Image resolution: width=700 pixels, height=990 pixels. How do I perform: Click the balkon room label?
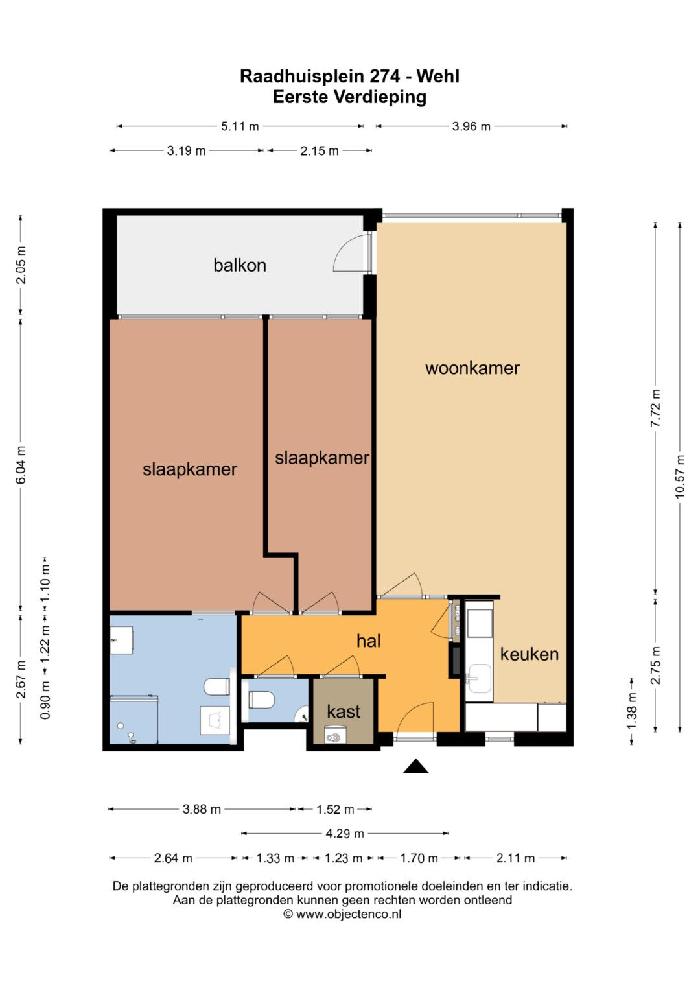pos(240,265)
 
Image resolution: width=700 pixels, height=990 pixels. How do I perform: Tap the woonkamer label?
pos(472,368)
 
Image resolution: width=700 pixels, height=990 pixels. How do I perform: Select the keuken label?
pos(530,654)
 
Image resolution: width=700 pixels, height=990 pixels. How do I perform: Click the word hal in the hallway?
pos(369,641)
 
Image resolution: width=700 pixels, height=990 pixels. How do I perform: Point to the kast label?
pos(344,712)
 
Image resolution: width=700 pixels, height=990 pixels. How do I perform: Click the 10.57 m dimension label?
pos(680,477)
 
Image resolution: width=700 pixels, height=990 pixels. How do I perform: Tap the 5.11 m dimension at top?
pos(240,126)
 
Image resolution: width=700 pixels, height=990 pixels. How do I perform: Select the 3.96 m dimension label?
pos(471,126)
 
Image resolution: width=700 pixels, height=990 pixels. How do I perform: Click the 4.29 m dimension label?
pos(345,834)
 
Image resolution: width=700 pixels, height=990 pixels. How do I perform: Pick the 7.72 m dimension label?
pos(656,408)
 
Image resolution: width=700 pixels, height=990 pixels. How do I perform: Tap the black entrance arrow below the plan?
pos(415,766)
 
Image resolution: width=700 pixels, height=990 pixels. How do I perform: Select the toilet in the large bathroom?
pos(216,687)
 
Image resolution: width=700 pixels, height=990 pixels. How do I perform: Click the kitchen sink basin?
pos(479,678)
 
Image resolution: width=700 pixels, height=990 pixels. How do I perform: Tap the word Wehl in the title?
pos(438,77)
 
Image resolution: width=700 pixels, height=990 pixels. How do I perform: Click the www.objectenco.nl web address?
pos(349,914)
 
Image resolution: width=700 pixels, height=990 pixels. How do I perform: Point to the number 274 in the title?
pos(384,77)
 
